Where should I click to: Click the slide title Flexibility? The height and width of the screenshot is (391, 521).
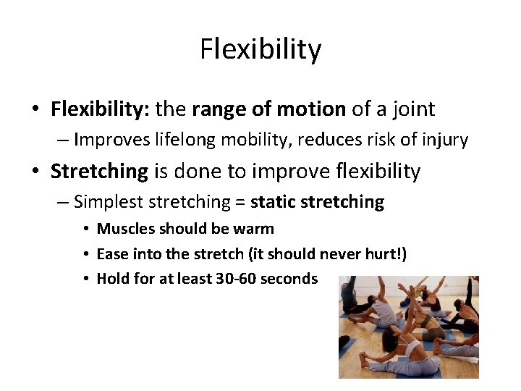[260, 49]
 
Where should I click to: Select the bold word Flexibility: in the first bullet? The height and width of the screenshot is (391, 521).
[100, 109]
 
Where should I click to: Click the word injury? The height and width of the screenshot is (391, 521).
[446, 140]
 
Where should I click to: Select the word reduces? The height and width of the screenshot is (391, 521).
[339, 140]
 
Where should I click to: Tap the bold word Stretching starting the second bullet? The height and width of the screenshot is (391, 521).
[99, 172]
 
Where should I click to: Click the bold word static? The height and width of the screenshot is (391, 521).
[271, 202]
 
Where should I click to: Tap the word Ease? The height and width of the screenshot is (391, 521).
[112, 254]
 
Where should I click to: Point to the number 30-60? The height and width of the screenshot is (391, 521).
[235, 279]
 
